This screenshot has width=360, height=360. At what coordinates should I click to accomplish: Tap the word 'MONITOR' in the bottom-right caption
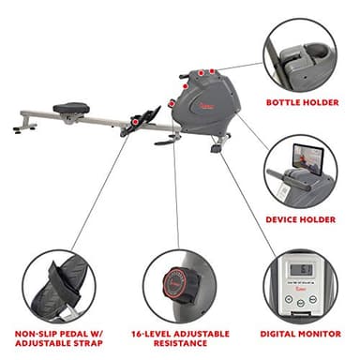coord(321,332)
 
